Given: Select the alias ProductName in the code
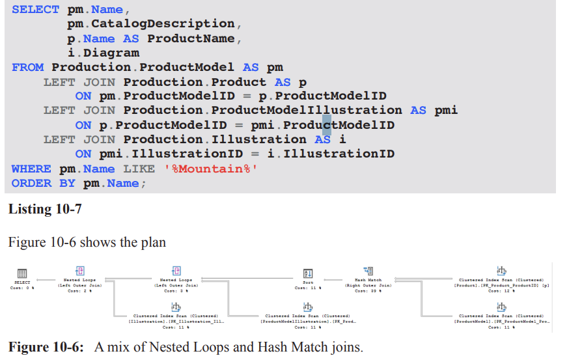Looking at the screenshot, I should click(191, 38).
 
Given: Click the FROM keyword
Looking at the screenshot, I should click(28, 67).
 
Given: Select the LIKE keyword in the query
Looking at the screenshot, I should click(139, 169).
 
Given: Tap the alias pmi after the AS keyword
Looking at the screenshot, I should click(446, 110).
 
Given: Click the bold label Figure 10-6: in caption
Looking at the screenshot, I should click(46, 347).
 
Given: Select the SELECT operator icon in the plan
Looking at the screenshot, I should click(21, 273).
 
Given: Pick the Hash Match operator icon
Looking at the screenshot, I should click(368, 271).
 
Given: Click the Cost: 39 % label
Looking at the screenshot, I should click(368, 291).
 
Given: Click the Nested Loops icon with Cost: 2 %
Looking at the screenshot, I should click(81, 271).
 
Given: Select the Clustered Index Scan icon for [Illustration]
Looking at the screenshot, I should click(176, 307).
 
